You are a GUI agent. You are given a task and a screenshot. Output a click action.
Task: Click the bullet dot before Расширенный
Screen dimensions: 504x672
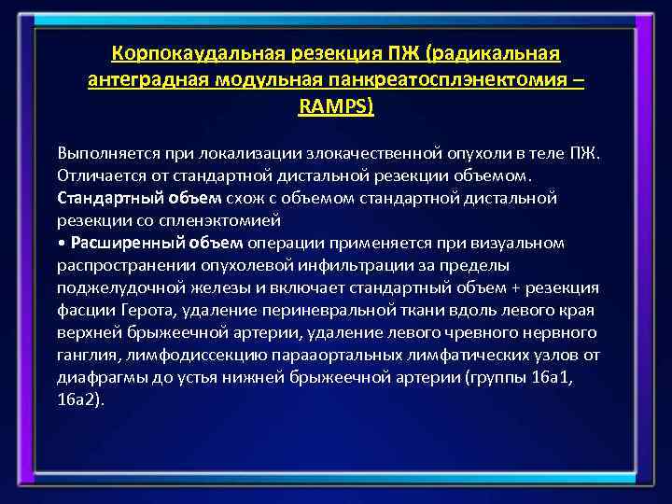pos(61,244)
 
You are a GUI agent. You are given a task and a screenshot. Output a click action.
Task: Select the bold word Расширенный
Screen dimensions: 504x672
pos(114,243)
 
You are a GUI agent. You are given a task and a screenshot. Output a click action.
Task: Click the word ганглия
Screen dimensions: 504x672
pos(87,355)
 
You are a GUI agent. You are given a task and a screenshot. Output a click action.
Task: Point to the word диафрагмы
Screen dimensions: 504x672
pos(96,377)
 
